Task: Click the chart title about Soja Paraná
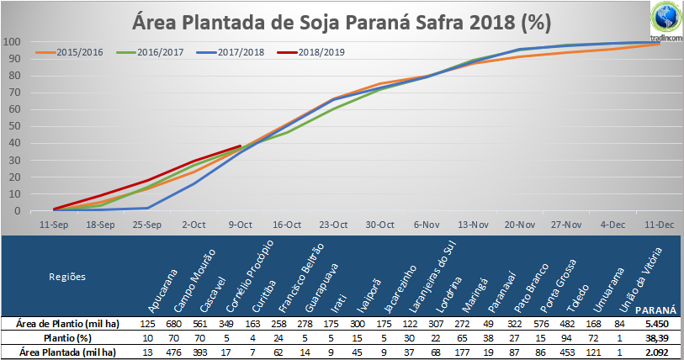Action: pyautogui.click(x=342, y=22)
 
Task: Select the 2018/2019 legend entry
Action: pyautogui.click(x=310, y=52)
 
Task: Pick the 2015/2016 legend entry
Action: pyautogui.click(x=69, y=52)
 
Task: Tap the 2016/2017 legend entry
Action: pyautogui.click(x=150, y=52)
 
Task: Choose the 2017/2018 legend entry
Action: pyautogui.click(x=231, y=52)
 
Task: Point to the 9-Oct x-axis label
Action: pyautogui.click(x=241, y=225)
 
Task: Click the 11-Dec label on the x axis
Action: pyautogui.click(x=659, y=225)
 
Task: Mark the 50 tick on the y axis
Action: pyautogui.click(x=15, y=126)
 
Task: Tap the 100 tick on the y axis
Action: pyautogui.click(x=12, y=42)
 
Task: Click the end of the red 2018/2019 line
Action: pyautogui.click(x=241, y=146)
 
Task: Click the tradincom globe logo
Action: pyautogui.click(x=666, y=18)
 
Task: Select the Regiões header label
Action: pyautogui.click(x=67, y=277)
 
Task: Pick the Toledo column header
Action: pyautogui.click(x=578, y=299)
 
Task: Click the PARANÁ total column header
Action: pyautogui.click(x=655, y=310)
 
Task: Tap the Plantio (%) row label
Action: pyautogui.click(x=67, y=338)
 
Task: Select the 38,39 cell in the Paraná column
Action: pyautogui.click(x=656, y=338)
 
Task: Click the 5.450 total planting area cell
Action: pyautogui.click(x=656, y=324)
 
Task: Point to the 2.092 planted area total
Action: pyautogui.click(x=656, y=352)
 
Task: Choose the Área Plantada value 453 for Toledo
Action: pyautogui.click(x=567, y=352)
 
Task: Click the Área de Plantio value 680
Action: pyautogui.click(x=173, y=324)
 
